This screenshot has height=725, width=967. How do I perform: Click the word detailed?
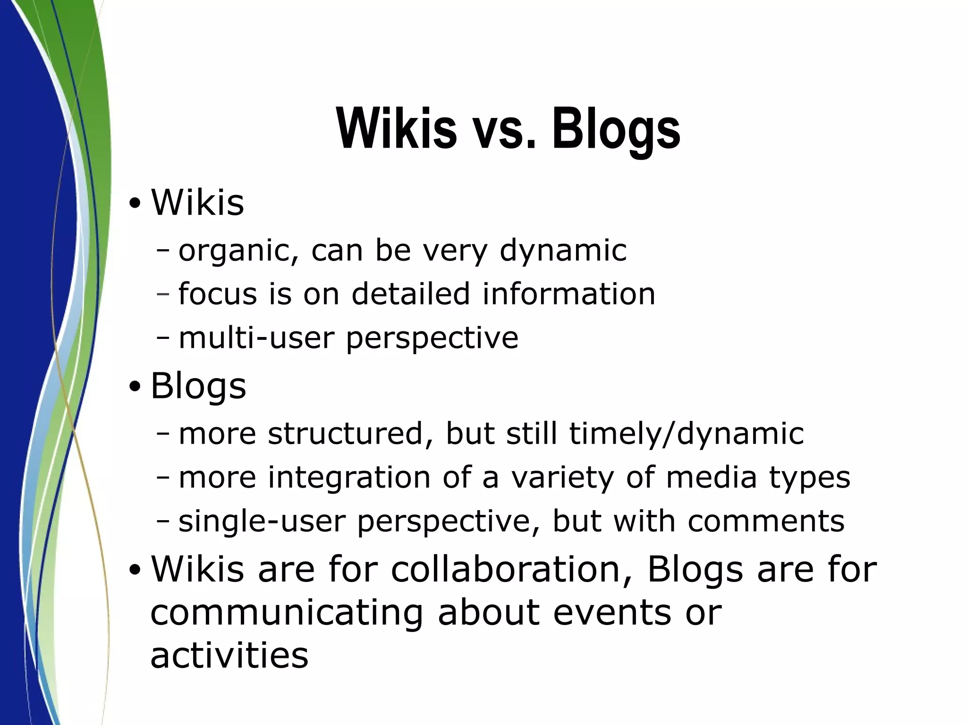[x=411, y=294]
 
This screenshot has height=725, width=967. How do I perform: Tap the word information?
[x=568, y=294]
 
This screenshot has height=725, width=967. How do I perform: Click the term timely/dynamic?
[x=686, y=433]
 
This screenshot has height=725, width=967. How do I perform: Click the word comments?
[x=765, y=521]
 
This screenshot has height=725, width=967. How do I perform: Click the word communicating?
[x=286, y=613]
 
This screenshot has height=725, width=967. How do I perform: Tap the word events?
[x=612, y=613]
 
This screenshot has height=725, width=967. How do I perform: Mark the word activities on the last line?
[x=229, y=655]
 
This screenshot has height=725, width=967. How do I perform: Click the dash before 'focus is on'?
[x=163, y=294]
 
